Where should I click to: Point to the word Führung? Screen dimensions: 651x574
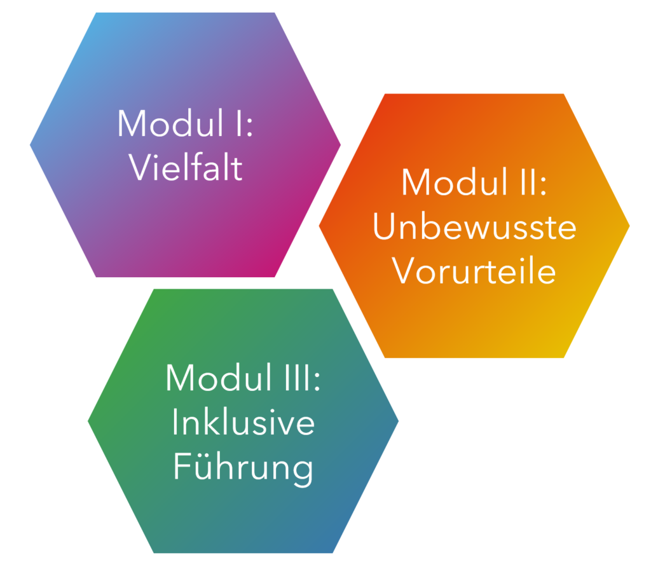pyautogui.click(x=243, y=467)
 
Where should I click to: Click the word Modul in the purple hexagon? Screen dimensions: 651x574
pyautogui.click(x=170, y=123)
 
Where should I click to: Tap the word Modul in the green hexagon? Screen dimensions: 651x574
pyautogui.click(x=219, y=378)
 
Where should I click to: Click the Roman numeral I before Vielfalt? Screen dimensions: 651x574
pyautogui.click(x=239, y=123)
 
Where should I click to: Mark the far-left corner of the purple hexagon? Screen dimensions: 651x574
pyautogui.click(x=30, y=145)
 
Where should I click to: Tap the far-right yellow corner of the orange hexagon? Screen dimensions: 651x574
pyautogui.click(x=629, y=226)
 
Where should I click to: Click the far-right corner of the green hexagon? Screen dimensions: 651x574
pyautogui.click(x=398, y=421)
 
